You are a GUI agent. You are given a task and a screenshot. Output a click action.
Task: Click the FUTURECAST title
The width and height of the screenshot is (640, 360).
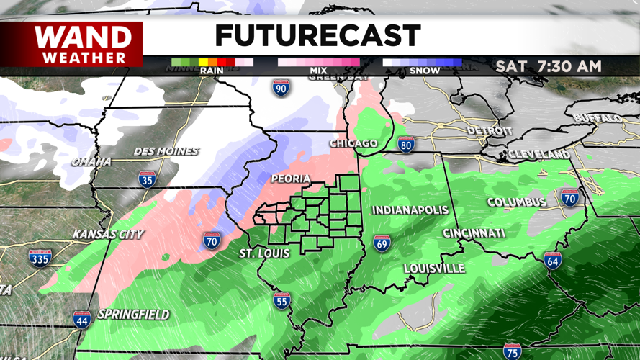coord(317,35)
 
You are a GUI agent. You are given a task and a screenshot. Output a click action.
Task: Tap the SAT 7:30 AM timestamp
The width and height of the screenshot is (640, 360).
coord(549,66)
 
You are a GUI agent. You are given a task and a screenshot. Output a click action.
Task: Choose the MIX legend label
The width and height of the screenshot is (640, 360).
coord(318,71)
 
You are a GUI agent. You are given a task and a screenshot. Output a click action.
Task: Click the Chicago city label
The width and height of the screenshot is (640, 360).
coord(353,143)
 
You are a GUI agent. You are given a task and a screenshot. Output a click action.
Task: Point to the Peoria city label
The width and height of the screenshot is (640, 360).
coord(290,179)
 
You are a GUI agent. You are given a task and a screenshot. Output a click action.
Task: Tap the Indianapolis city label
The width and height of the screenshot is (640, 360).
coord(410,210)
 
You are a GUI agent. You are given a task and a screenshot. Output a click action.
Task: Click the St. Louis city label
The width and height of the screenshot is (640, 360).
coord(264,254)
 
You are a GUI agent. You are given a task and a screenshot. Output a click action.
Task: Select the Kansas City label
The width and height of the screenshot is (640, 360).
coord(108,234)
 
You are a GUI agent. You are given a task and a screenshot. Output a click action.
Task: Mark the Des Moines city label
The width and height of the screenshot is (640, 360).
coord(166,152)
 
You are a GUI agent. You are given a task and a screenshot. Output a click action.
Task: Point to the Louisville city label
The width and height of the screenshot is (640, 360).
coord(434,269)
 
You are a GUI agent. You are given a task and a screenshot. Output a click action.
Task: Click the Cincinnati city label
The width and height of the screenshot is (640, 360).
coord(474,233)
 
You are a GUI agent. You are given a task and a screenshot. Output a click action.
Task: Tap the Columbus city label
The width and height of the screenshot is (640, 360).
coord(517,202)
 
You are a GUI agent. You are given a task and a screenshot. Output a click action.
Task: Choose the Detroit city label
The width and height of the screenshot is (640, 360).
coord(490,131)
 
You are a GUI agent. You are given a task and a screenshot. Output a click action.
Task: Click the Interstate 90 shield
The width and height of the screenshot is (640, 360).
coord(281,89)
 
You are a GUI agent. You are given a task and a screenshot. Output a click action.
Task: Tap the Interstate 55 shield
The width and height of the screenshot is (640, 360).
coord(281,300)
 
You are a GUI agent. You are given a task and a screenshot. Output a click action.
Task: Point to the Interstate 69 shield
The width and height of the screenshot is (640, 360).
coord(382,244)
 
